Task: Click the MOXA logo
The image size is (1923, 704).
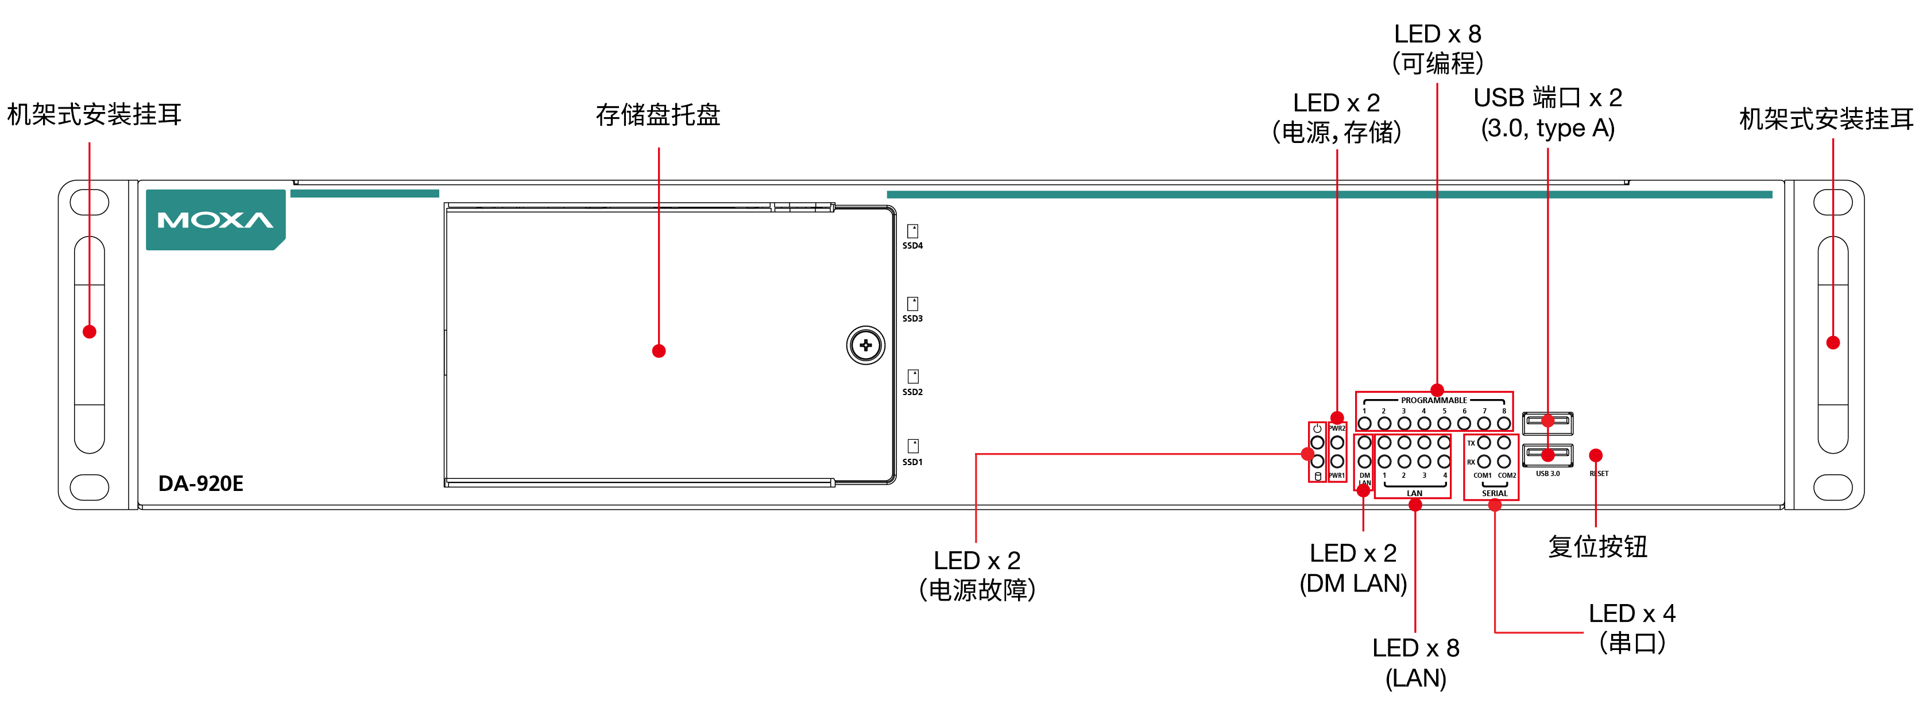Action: (215, 219)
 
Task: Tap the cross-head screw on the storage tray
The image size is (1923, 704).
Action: (865, 345)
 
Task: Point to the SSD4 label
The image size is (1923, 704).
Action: (912, 246)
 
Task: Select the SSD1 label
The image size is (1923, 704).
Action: (912, 462)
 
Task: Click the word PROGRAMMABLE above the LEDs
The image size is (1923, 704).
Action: (1433, 400)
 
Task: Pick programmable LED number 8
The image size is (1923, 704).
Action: (1503, 423)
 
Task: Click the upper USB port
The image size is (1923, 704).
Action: (1547, 423)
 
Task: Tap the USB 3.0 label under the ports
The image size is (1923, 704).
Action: (1547, 473)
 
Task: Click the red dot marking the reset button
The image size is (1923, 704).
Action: (1595, 455)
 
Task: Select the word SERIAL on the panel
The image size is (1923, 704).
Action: (1495, 493)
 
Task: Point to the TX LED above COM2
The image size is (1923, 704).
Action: (1503, 443)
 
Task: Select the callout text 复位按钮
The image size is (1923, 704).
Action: (1597, 547)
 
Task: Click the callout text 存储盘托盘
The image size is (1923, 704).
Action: (657, 114)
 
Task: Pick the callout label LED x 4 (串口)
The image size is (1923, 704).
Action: (1632, 628)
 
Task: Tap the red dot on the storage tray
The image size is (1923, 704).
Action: (659, 351)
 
